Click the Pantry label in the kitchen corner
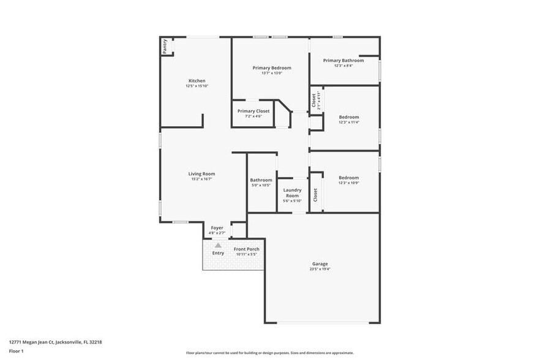(165, 47)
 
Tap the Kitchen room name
(197, 81)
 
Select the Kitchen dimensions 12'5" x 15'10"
(197, 86)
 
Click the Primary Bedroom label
(272, 67)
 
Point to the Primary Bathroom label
(343, 60)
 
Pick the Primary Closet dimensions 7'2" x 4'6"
(253, 116)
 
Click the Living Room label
(201, 174)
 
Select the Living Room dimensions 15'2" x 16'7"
(201, 179)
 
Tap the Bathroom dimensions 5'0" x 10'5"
(261, 185)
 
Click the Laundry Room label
(292, 192)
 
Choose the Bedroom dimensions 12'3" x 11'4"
(349, 122)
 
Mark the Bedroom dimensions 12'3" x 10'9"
(349, 182)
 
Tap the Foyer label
(217, 228)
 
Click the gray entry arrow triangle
(217, 245)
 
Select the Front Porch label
(247, 249)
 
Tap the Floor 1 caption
(16, 351)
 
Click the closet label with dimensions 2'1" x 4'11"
(314, 100)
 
